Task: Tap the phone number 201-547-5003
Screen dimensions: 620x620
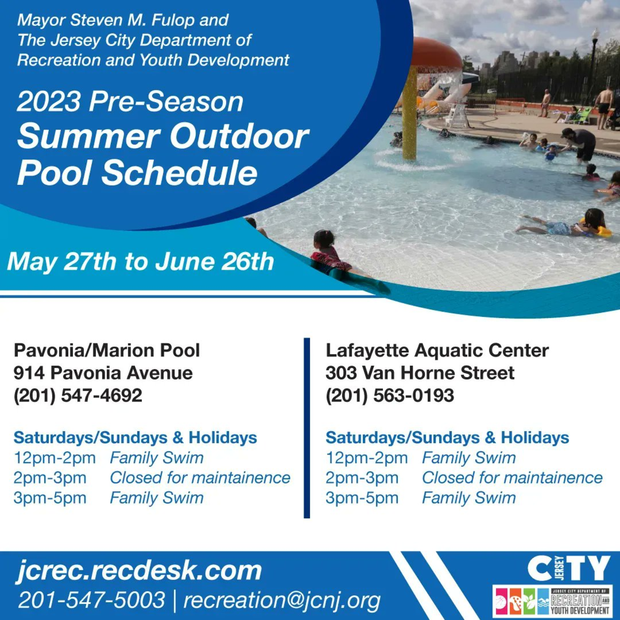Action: (x=91, y=600)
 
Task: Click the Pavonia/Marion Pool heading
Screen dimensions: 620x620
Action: (x=107, y=350)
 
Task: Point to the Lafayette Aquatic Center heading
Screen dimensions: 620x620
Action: (x=437, y=350)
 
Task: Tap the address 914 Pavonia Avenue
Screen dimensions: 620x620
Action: (x=103, y=373)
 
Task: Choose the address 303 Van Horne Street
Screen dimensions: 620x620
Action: (x=420, y=373)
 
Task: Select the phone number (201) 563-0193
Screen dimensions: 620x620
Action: (x=390, y=395)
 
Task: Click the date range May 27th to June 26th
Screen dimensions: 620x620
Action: (x=140, y=261)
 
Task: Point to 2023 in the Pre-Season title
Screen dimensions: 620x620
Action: (x=49, y=102)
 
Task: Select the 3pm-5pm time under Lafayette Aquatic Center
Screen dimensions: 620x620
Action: (x=362, y=498)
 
